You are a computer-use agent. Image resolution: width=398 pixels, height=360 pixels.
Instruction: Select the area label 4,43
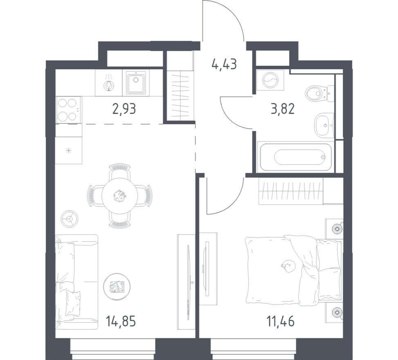click(x=224, y=64)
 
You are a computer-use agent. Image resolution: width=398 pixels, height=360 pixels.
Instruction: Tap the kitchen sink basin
click(x=135, y=83)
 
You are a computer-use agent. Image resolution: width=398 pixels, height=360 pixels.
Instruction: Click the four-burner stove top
click(x=68, y=109)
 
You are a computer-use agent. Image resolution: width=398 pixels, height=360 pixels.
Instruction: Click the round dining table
click(x=119, y=196)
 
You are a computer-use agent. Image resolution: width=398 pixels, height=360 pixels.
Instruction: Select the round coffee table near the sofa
click(x=117, y=286)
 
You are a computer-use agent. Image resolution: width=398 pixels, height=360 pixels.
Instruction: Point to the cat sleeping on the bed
click(x=288, y=266)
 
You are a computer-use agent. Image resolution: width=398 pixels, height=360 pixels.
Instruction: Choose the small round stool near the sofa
click(x=69, y=218)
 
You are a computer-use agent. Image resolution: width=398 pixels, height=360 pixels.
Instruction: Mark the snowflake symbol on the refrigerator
click(x=68, y=150)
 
